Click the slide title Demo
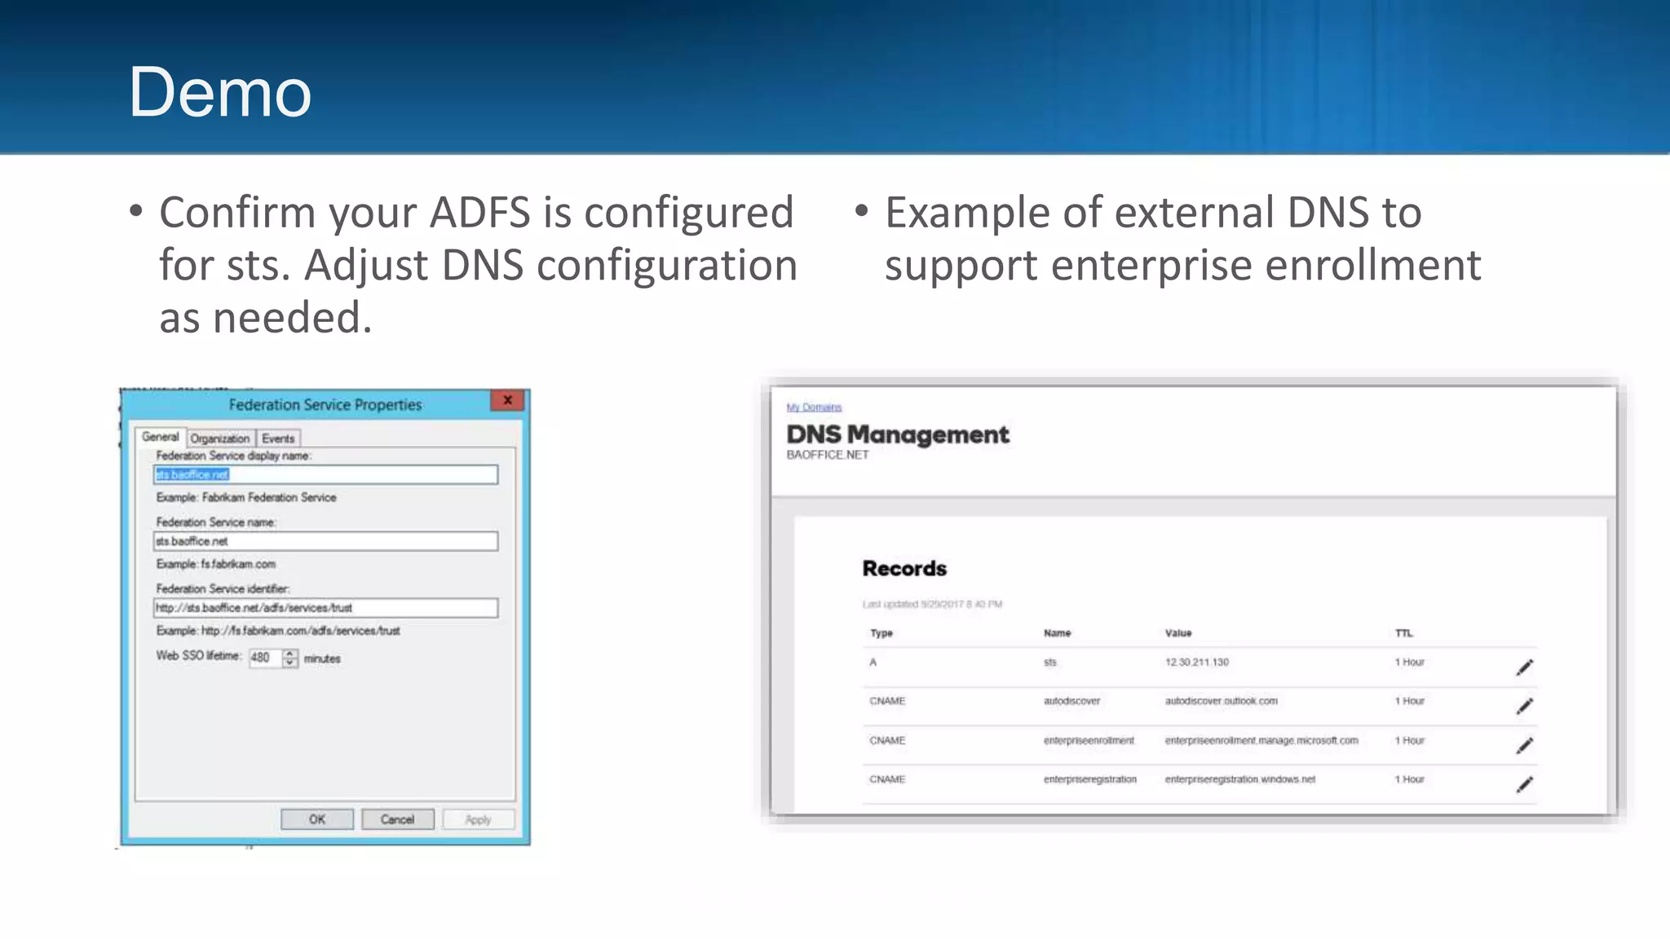click(219, 92)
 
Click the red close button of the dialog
click(507, 400)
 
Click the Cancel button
click(397, 819)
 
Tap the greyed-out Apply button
click(478, 819)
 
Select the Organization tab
click(219, 439)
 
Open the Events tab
click(278, 439)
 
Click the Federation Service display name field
click(325, 474)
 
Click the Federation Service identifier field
click(325, 608)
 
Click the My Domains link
click(814, 407)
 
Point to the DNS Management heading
click(897, 434)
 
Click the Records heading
click(904, 568)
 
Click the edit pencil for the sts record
click(1524, 668)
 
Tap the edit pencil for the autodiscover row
click(1524, 706)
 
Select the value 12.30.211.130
click(1196, 663)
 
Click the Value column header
click(1177, 633)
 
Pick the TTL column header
click(1403, 633)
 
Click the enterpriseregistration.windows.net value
click(1239, 779)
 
